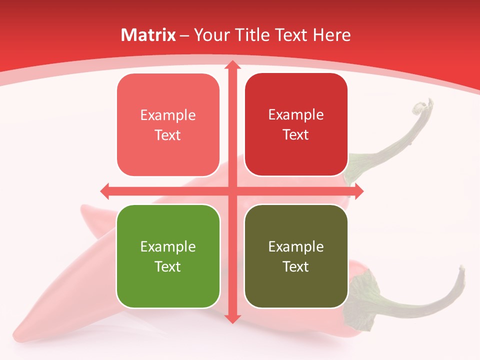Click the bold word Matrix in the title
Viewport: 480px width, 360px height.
pyautogui.click(x=148, y=35)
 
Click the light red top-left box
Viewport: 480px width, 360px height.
pyautogui.click(x=168, y=125)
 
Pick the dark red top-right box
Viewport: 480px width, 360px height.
pyautogui.click(x=296, y=124)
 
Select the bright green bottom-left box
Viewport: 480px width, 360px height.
pyautogui.click(x=168, y=256)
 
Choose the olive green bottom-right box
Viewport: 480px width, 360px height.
pyautogui.click(x=296, y=256)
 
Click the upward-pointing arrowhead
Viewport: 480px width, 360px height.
pyautogui.click(x=232, y=65)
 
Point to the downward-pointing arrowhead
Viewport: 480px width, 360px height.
pyautogui.click(x=232, y=318)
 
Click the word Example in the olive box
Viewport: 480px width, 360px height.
pyautogui.click(x=296, y=246)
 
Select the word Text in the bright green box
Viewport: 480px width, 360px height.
pyautogui.click(x=168, y=266)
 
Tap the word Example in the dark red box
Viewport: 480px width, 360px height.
pyautogui.click(x=296, y=114)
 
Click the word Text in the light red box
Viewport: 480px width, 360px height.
pyautogui.click(x=168, y=135)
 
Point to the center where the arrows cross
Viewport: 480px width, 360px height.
pyautogui.click(x=232, y=191)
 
